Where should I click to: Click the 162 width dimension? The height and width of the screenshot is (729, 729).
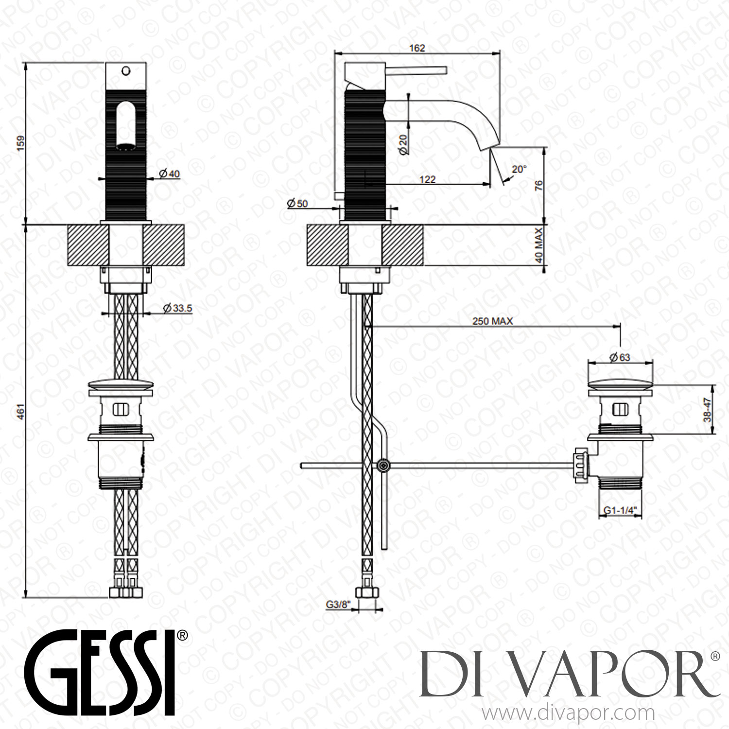point(417,48)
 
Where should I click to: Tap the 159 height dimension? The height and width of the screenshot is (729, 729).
point(20,143)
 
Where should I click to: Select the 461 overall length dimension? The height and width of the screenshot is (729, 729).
point(20,411)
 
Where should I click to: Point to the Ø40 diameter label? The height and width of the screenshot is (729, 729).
point(169,174)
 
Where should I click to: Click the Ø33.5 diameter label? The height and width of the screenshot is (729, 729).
point(177,308)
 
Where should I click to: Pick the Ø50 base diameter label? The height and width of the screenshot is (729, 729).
point(297,204)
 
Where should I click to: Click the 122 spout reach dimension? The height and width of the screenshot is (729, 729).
point(427,179)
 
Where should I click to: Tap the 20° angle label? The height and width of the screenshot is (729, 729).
point(519,169)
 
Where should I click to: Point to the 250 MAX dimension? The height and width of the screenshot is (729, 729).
point(492,321)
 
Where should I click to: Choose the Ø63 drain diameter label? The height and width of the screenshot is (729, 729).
point(619,357)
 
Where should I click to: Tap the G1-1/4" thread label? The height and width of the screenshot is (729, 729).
point(620,510)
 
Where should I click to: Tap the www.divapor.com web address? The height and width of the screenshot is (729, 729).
point(568,714)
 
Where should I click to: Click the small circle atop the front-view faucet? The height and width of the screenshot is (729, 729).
point(126,71)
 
